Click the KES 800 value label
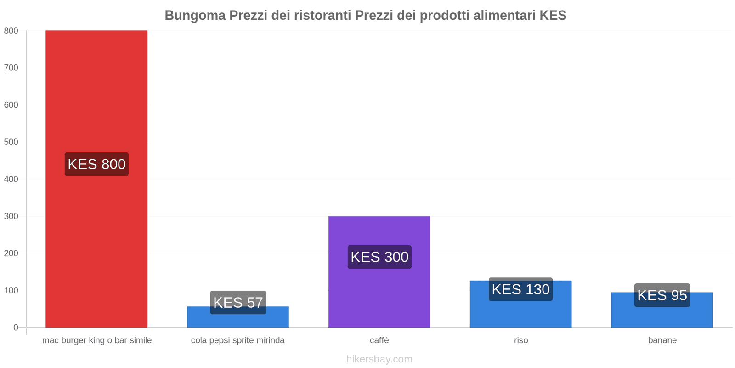[x=96, y=164]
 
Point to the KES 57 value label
[x=238, y=302]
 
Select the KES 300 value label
[x=379, y=257]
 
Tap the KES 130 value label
[x=520, y=289]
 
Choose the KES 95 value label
[x=662, y=295]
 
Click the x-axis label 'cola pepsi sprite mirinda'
[x=238, y=340]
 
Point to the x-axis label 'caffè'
[x=379, y=340]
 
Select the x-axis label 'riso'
[x=521, y=340]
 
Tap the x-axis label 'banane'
[x=662, y=340]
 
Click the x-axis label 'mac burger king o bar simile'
[x=97, y=340]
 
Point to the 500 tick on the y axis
[x=11, y=142]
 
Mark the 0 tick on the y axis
[x=16, y=328]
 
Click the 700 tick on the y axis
[x=11, y=68]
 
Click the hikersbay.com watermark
[x=379, y=359]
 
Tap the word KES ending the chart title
[x=553, y=16]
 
